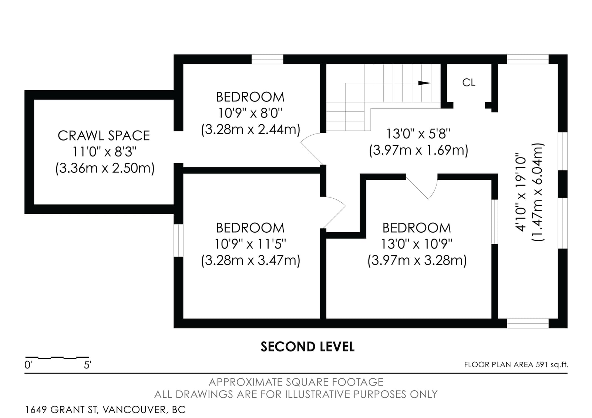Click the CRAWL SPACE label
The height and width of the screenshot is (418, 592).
pos(104,136)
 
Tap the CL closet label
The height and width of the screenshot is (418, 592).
pos(468,83)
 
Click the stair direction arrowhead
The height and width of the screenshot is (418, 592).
pos(424,83)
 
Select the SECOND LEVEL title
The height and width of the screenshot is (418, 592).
pos(307,347)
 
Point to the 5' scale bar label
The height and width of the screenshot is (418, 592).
pos(87,365)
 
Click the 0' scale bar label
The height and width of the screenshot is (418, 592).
pos(28,365)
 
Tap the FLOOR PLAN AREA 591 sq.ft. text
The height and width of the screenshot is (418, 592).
pos(516,365)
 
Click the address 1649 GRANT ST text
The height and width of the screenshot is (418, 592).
pos(62,409)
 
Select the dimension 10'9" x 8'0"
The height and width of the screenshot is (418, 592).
pos(250,113)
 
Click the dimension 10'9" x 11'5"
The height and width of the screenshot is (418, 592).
pos(250,244)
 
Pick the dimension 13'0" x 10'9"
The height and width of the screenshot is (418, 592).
pos(417,244)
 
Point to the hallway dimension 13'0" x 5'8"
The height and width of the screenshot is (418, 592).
pos(418,134)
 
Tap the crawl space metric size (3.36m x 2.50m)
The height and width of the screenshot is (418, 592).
pos(105,168)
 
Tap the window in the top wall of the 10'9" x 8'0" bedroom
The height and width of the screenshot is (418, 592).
pos(267,59)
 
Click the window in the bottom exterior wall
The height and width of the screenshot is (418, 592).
pos(528,323)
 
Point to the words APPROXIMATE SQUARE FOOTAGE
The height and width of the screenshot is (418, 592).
pos(296,382)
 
